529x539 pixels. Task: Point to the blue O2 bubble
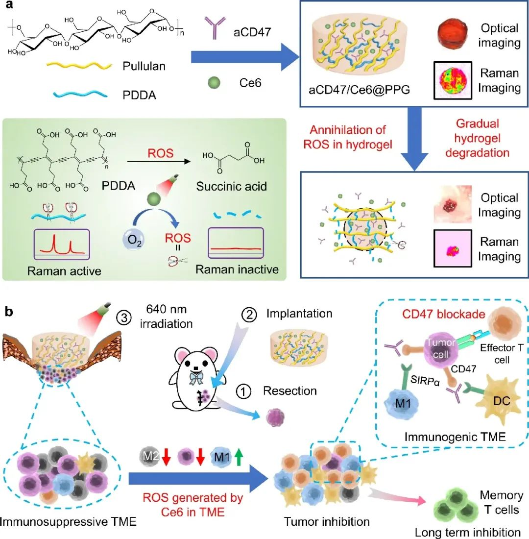(x=133, y=242)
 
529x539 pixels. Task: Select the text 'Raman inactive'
(x=237, y=269)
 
